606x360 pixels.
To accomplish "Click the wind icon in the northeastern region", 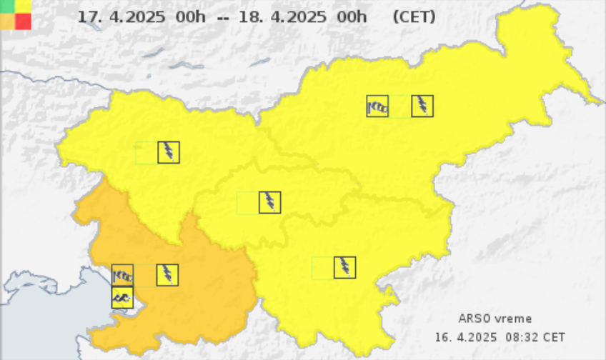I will [x=377, y=106].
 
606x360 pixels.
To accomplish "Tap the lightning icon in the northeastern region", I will [x=422, y=106].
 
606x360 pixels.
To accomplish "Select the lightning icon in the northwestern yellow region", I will [x=169, y=152].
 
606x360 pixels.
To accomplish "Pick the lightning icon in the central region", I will [x=269, y=202].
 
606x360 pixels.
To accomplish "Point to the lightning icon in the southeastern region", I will [x=344, y=268].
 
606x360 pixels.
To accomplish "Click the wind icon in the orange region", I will [x=123, y=275].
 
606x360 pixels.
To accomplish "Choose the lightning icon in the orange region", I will [x=167, y=275].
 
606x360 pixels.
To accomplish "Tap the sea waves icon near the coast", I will [x=122, y=297].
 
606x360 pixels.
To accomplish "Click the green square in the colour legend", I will [x=8, y=6].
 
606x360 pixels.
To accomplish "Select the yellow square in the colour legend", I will [x=23, y=6].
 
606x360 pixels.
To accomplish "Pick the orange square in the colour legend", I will [x=8, y=21].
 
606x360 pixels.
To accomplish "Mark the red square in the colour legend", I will [x=23, y=21].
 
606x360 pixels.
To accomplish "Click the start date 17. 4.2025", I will [x=121, y=16].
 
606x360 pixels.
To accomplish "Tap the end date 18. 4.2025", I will [x=283, y=16].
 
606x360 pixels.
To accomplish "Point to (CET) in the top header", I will [x=414, y=16].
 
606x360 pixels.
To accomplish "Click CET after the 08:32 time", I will [x=554, y=336].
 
